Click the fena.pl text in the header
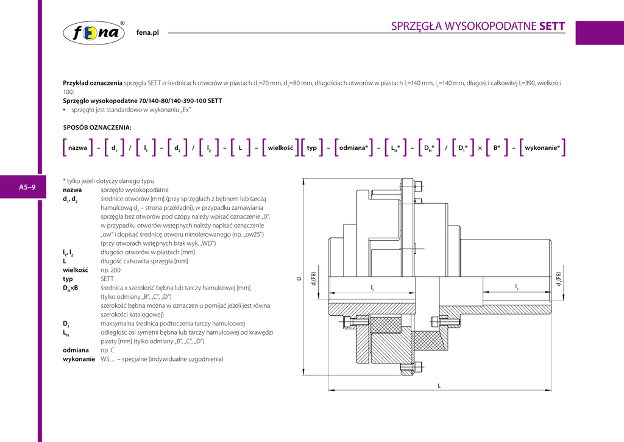(147, 33)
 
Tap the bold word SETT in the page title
(552, 26)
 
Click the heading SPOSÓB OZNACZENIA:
(97, 127)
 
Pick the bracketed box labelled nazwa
(77, 148)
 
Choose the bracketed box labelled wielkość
(280, 148)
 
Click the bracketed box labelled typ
(312, 148)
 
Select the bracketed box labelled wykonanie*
(542, 148)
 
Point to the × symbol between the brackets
(480, 148)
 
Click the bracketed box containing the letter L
(241, 148)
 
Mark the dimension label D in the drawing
(299, 279)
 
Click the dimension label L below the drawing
(439, 385)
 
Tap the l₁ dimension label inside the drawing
(372, 287)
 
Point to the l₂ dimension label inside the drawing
(517, 287)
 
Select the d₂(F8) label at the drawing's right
(558, 279)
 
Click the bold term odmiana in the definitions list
(76, 350)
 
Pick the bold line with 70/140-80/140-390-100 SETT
(143, 101)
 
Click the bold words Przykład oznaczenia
(93, 82)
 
